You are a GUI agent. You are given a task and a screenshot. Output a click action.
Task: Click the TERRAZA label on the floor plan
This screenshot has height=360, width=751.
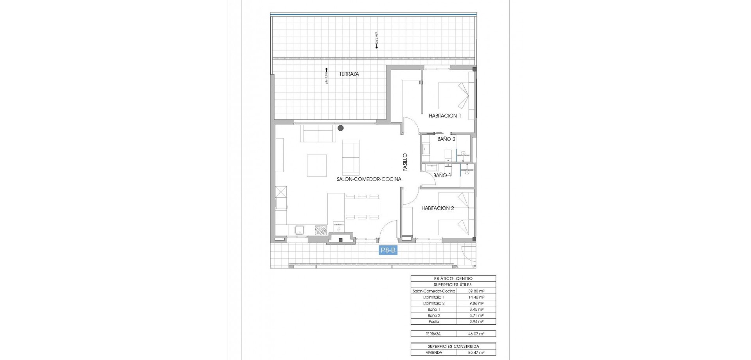(x=349, y=74)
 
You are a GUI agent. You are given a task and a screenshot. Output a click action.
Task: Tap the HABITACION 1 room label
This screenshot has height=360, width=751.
(x=445, y=116)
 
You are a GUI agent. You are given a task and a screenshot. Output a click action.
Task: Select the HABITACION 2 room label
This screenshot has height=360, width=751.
(x=437, y=208)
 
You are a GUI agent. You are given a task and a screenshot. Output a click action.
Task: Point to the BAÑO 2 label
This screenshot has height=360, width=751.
(x=446, y=139)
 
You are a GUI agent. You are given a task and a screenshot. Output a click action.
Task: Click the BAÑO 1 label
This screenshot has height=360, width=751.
(x=442, y=175)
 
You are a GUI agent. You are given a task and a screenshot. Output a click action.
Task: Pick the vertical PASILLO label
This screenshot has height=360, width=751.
(x=405, y=162)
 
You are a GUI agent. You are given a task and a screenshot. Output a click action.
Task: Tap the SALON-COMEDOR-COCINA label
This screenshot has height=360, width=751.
(x=369, y=179)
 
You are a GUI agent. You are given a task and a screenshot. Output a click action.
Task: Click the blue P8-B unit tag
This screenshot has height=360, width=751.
(x=388, y=250)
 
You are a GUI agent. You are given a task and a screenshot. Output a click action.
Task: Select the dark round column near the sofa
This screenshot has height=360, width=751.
(x=341, y=128)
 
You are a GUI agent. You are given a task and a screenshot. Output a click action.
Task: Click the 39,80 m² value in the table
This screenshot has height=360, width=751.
(x=476, y=291)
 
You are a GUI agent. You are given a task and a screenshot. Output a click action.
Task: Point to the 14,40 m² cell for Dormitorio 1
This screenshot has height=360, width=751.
(x=476, y=297)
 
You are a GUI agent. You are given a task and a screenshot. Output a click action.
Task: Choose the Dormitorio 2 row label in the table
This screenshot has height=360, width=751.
(x=434, y=303)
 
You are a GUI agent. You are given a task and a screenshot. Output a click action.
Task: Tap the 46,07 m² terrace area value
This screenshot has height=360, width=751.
(x=476, y=334)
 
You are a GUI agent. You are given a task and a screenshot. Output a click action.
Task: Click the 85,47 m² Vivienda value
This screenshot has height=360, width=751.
(x=476, y=353)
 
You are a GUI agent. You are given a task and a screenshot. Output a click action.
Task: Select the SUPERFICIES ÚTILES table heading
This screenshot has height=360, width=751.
(x=453, y=285)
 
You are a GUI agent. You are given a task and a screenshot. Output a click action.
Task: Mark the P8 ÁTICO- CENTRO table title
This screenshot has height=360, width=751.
(x=453, y=279)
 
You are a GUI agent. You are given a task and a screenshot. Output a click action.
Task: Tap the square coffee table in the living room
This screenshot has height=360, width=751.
(x=316, y=166)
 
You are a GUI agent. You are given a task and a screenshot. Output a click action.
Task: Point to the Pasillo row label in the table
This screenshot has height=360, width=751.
(x=434, y=322)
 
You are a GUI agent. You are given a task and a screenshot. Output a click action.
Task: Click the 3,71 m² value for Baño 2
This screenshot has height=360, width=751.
(x=476, y=315)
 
